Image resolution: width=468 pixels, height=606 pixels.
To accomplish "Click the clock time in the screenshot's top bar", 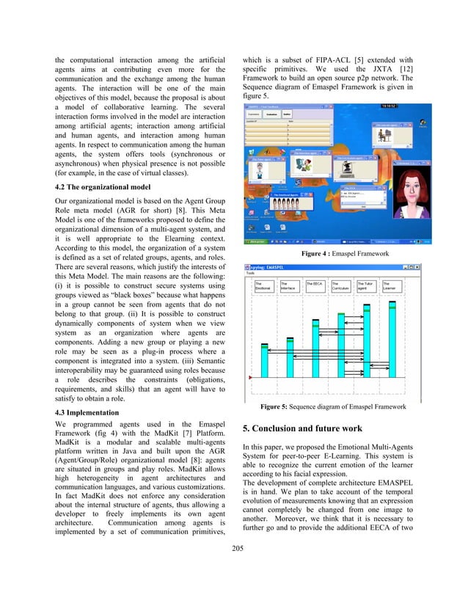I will (x=389, y=105).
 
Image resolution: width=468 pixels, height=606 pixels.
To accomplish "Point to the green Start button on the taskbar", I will (x=256, y=241).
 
